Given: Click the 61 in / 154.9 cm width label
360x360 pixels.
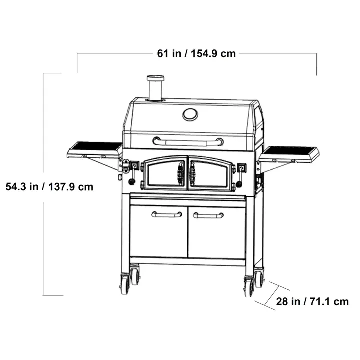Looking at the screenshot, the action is tap(196, 53).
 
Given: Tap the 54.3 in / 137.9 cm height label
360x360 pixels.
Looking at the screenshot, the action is tap(49, 187).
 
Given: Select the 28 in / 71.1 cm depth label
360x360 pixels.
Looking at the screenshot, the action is tap(312, 301).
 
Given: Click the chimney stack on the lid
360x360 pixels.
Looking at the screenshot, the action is tap(155, 88).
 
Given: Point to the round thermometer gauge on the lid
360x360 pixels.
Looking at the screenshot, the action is tap(190, 114).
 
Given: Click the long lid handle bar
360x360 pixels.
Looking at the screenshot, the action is tap(188, 142).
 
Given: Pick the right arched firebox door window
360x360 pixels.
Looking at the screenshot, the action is tap(210, 174).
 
